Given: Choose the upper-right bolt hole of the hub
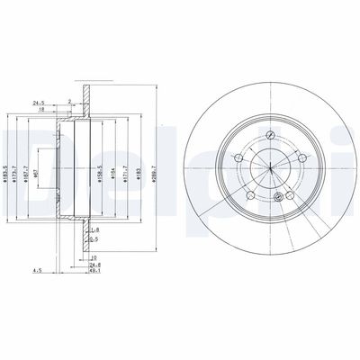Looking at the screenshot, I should (x=301, y=159).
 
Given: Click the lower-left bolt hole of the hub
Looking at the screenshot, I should (x=251, y=195).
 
